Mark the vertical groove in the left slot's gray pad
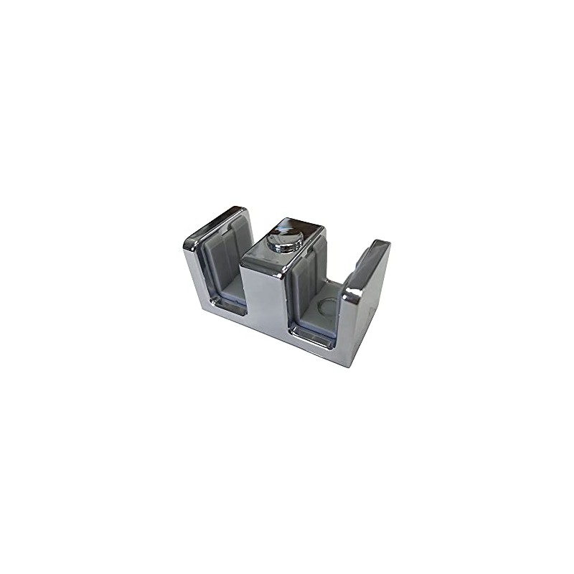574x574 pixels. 228,258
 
